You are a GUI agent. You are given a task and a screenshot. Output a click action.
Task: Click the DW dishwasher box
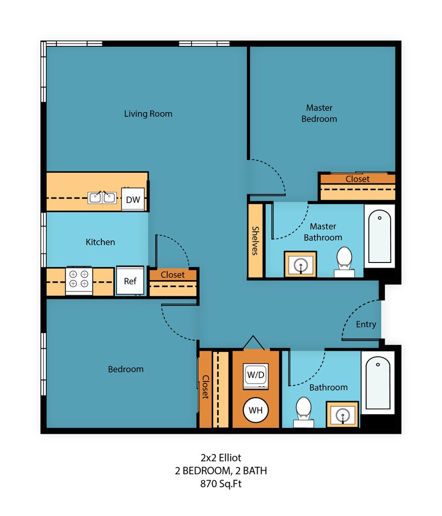point(133,199)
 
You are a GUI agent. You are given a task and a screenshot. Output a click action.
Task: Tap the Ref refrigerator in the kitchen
point(130,280)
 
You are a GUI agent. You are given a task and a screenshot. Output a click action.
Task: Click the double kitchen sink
point(102,198)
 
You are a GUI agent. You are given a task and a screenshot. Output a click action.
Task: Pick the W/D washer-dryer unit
point(256,375)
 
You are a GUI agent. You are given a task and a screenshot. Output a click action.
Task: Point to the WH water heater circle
point(256,410)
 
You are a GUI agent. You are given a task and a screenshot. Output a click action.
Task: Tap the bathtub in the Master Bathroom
point(380,236)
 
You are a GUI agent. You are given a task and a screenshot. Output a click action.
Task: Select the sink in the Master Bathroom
point(300,264)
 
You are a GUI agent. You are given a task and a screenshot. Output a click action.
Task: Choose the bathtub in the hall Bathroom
point(378,383)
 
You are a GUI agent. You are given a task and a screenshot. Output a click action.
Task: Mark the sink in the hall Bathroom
point(342,414)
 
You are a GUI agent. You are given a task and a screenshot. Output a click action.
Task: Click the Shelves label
point(255,240)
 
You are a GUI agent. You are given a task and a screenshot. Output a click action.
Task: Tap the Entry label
point(366,325)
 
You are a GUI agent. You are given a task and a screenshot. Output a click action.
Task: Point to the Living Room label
point(148,114)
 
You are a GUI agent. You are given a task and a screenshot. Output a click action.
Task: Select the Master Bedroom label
point(319,113)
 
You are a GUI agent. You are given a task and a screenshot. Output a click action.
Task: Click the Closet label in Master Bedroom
point(357,179)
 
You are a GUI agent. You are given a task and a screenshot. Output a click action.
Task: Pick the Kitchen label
point(100,242)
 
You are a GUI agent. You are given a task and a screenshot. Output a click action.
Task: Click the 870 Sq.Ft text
point(221,484)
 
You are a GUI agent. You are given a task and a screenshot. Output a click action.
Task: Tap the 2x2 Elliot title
point(221,458)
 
